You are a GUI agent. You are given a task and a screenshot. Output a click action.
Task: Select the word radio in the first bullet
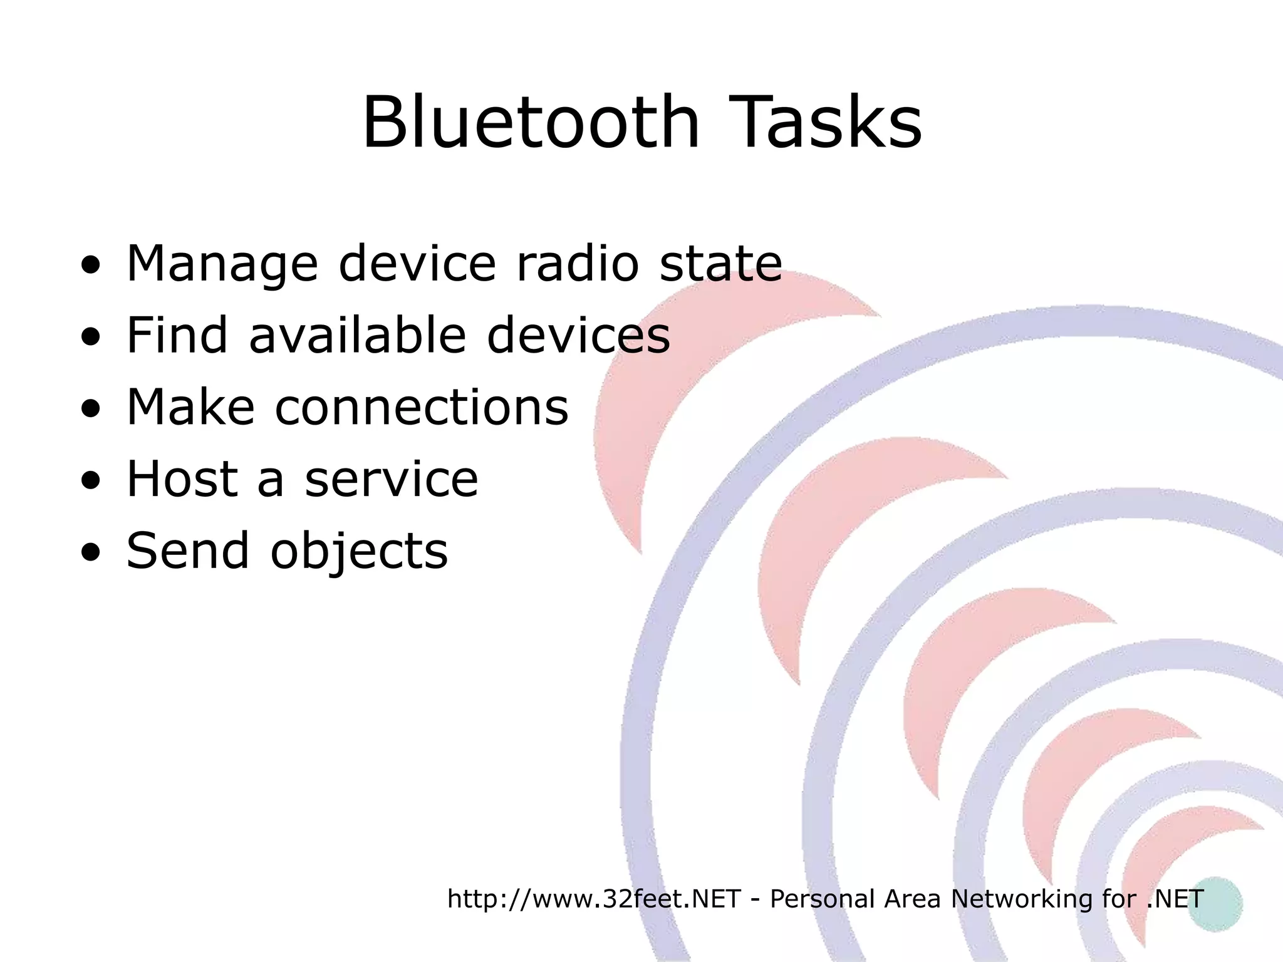(577, 263)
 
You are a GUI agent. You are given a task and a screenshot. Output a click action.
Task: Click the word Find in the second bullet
(177, 335)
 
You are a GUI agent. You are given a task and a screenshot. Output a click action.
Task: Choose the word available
(358, 335)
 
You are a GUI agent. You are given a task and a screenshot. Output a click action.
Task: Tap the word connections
(422, 407)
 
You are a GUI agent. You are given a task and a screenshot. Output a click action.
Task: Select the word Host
(182, 479)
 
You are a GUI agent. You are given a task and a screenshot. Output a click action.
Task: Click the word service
(392, 479)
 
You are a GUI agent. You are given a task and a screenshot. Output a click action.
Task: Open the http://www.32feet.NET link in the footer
(594, 899)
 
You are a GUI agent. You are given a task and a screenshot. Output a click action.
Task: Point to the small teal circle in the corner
(1215, 904)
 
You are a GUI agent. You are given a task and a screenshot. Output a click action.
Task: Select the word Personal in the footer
(822, 899)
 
